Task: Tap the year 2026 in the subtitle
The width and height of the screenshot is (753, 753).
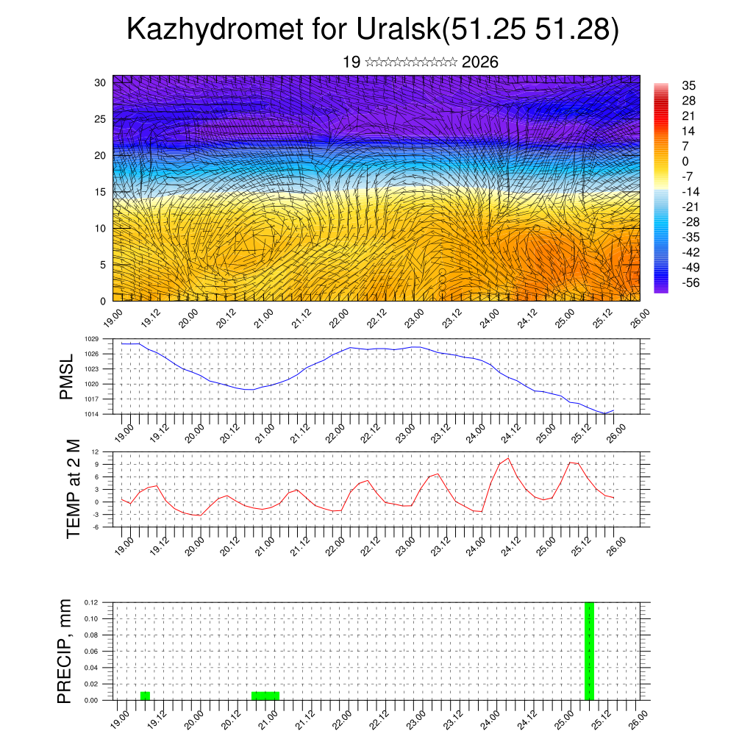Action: point(480,63)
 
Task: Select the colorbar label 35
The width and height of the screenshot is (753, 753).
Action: point(689,85)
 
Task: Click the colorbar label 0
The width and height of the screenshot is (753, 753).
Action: point(685,161)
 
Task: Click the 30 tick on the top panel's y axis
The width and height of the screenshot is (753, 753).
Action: point(101,82)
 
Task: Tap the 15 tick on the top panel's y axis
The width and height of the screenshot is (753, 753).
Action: point(101,192)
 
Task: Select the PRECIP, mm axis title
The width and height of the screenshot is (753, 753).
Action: point(65,651)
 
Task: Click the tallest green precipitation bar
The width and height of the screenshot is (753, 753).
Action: point(588,651)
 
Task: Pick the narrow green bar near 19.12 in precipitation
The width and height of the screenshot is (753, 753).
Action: point(145,696)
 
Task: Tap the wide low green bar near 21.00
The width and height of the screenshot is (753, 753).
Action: point(265,696)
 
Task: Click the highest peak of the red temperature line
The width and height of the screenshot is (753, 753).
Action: point(507,458)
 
